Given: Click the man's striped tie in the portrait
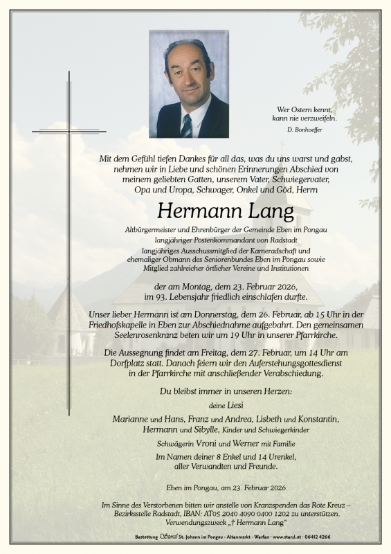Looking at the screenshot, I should tap(186, 126).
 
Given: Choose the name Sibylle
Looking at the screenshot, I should tap(194, 430).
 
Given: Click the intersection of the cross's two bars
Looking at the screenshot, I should tap(69, 131).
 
